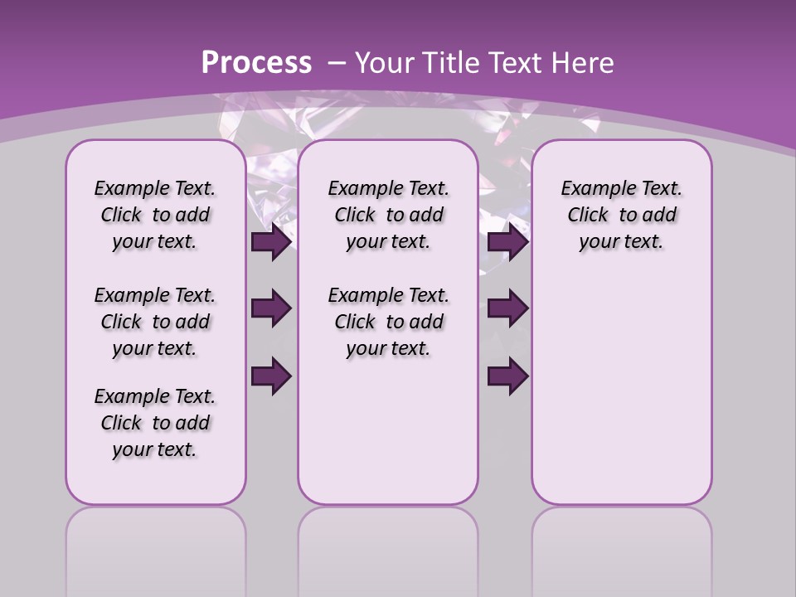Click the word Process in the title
click(x=256, y=63)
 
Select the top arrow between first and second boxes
click(x=272, y=242)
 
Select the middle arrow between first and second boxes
click(x=272, y=308)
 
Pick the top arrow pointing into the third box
click(x=507, y=242)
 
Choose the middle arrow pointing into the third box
click(x=507, y=308)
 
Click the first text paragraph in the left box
click(x=155, y=215)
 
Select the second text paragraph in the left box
click(x=155, y=322)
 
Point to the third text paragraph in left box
click(x=155, y=423)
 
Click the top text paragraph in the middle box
click(x=388, y=215)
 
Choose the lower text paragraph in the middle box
click(x=388, y=322)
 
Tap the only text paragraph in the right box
click(x=621, y=215)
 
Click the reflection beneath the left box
click(x=156, y=547)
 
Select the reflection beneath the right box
click(x=621, y=547)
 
